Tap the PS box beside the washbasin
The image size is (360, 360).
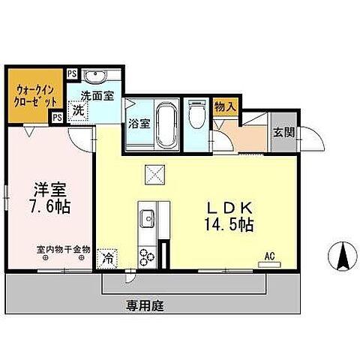(x=71, y=73)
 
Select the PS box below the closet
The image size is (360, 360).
(x=56, y=117)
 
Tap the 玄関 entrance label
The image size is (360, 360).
(x=283, y=133)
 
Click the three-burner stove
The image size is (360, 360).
(x=146, y=256)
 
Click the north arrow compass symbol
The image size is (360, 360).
(x=342, y=259)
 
